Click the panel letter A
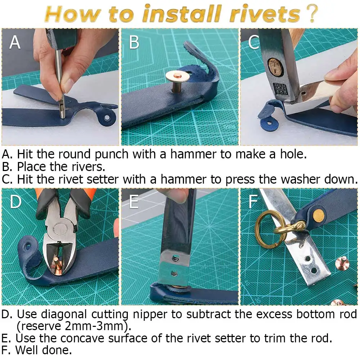(15, 42)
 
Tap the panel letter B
(134, 42)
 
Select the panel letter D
(15, 202)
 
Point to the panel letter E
(134, 202)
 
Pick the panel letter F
(253, 202)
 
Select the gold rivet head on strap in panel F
(319, 216)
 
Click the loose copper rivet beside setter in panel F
(342, 264)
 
